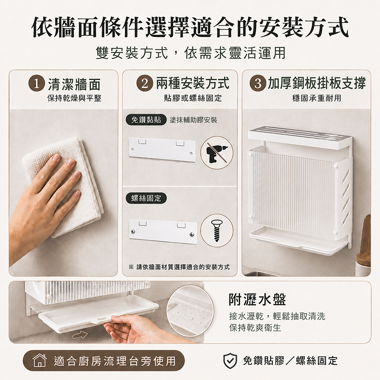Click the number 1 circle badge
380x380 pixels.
pos(36,84)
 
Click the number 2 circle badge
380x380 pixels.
pos(144,84)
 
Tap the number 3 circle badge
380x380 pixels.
pos(258,84)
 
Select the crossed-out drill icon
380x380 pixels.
pos(217,152)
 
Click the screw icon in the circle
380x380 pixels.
pos(217,231)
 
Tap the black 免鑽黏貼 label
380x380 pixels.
pos(146,120)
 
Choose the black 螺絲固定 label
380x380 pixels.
pos(146,198)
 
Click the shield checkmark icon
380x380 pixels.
pos(230,361)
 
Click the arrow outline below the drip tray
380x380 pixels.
pos(80,335)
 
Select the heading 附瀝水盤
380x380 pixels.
pos(258,299)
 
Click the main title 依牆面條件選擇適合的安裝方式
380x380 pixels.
pos(190,27)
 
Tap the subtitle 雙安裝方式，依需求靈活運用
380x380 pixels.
pos(190,53)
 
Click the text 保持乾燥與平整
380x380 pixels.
pos(74,98)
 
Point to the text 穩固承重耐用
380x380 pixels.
pos(317,98)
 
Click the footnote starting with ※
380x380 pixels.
pos(179,267)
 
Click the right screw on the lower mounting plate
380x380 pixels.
pos(192,234)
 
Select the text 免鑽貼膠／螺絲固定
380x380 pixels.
pos(290,361)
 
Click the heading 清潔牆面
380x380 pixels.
pos(74,84)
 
